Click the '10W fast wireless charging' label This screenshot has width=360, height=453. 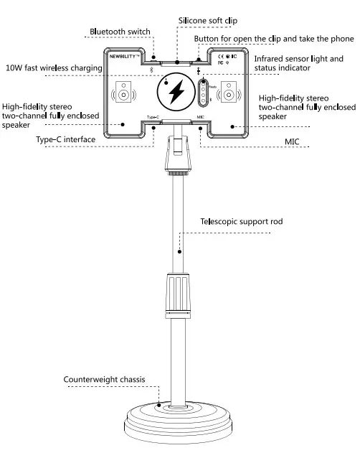53,67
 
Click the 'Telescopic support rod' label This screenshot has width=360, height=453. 241,222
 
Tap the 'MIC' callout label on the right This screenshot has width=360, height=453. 292,142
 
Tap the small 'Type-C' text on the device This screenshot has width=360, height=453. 152,116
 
